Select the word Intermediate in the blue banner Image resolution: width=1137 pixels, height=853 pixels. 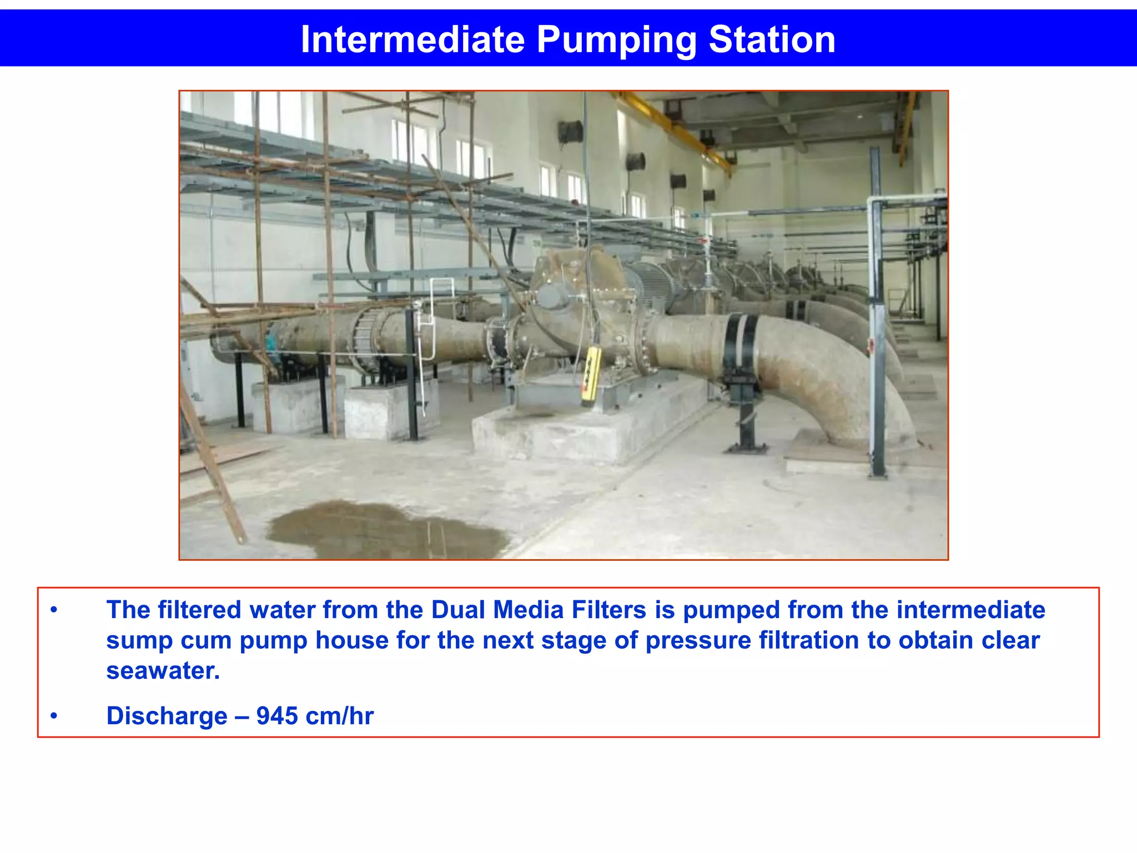(x=412, y=40)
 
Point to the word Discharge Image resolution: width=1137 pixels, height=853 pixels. (x=167, y=716)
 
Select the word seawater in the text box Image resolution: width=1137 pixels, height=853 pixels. (x=163, y=671)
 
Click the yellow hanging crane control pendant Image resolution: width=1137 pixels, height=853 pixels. (x=590, y=376)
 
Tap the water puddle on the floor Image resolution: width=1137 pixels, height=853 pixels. (x=389, y=530)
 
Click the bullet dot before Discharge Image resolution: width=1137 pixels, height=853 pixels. (x=54, y=716)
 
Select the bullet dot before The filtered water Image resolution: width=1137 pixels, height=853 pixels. (x=54, y=610)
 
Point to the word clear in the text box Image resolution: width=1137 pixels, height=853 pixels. (x=1010, y=640)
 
